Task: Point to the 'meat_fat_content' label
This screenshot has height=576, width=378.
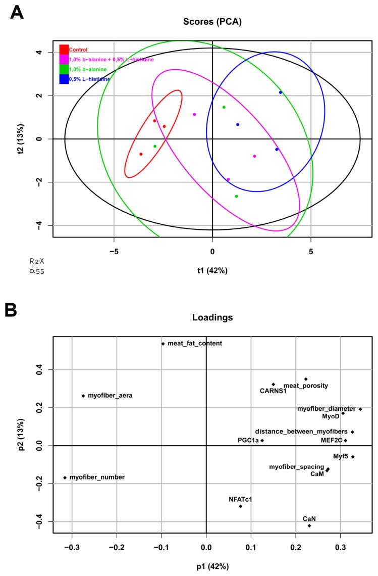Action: (194, 344)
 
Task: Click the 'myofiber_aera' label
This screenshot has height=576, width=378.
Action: (110, 396)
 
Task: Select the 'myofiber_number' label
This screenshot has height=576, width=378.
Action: (97, 477)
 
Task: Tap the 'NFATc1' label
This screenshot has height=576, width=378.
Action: (240, 499)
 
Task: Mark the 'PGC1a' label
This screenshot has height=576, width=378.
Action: (248, 441)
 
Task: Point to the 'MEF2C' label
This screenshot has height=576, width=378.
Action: (332, 441)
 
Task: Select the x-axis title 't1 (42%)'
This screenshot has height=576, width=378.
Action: (212, 270)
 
